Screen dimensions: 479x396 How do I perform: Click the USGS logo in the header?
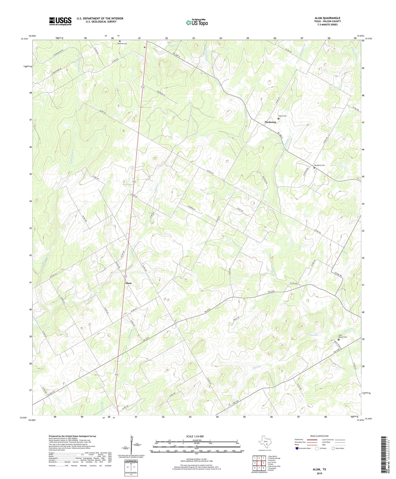click(60, 21)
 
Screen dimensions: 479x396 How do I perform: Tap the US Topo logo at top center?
click(197, 22)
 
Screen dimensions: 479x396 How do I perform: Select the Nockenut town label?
click(270, 122)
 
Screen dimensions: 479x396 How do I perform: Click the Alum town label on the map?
click(128, 283)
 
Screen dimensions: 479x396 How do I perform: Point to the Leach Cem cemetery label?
click(282, 116)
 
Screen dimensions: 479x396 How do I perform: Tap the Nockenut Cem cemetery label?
click(319, 165)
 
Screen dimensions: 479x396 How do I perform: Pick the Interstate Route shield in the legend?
click(297, 448)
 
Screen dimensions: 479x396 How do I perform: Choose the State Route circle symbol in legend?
click(333, 448)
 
